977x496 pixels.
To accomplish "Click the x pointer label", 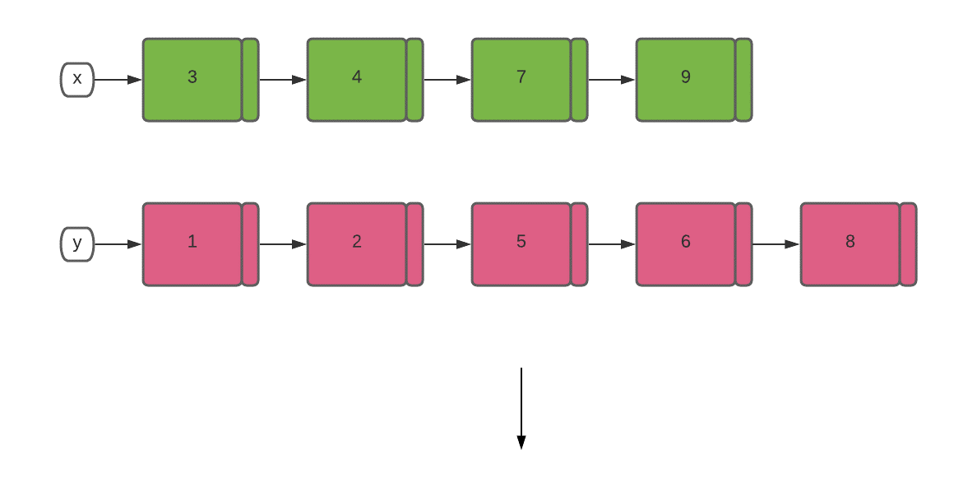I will tap(77, 80).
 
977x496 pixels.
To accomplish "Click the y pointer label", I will tap(77, 244).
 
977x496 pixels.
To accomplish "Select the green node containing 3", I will tap(192, 80).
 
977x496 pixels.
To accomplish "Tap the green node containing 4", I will tap(357, 80).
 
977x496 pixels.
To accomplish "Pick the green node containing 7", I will tap(521, 80).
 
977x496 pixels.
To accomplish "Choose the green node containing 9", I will tap(686, 80).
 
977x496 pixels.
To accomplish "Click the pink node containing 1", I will tap(192, 244).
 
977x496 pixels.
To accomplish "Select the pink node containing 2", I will tap(357, 244).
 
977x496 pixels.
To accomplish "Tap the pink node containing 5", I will tap(521, 244).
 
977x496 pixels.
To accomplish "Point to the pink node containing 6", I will tap(686, 244).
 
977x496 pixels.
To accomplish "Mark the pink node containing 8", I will tap(850, 244).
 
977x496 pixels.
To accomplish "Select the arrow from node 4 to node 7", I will tap(447, 80).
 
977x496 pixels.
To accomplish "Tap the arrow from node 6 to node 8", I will tap(776, 244).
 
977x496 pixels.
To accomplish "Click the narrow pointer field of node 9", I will tap(743, 80).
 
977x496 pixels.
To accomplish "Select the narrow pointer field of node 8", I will tap(908, 244).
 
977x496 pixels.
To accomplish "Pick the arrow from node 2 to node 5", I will tap(447, 244).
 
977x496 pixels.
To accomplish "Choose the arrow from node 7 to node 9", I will tap(612, 80).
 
